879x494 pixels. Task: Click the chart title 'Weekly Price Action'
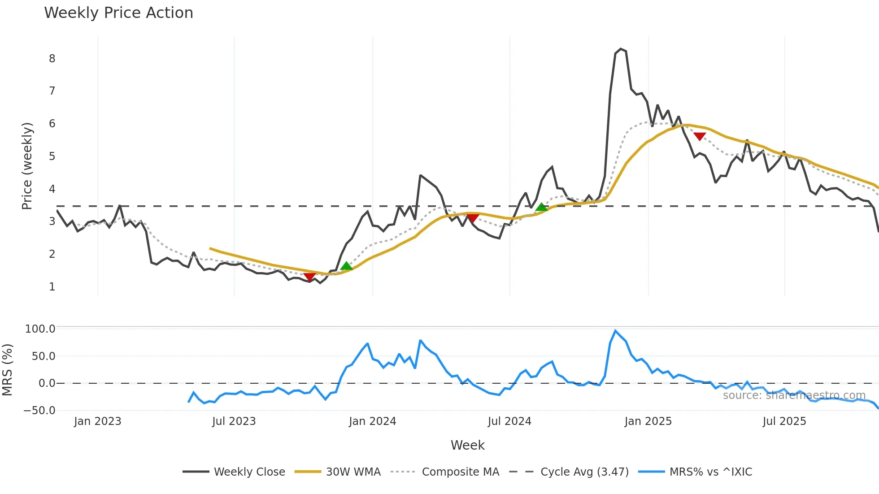pos(118,13)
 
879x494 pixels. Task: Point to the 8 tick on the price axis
pos(52,59)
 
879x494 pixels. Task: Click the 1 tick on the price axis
pos(52,287)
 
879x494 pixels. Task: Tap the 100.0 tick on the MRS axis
pos(40,329)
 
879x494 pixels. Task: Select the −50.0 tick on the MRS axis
pos(39,411)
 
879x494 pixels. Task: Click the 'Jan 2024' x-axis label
pos(372,421)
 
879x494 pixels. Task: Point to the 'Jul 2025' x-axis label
pos(784,421)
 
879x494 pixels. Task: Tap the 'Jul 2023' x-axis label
pos(234,421)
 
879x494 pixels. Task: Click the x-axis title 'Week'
pos(467,445)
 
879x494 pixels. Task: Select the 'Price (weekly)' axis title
pos(27,166)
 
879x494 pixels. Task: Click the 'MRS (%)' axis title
pos(7,370)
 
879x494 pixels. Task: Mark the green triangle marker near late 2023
pos(346,266)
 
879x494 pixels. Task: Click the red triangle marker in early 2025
pos(700,136)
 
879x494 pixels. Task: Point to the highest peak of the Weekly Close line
pos(621,49)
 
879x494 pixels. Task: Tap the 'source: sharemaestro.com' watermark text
pos(794,395)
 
